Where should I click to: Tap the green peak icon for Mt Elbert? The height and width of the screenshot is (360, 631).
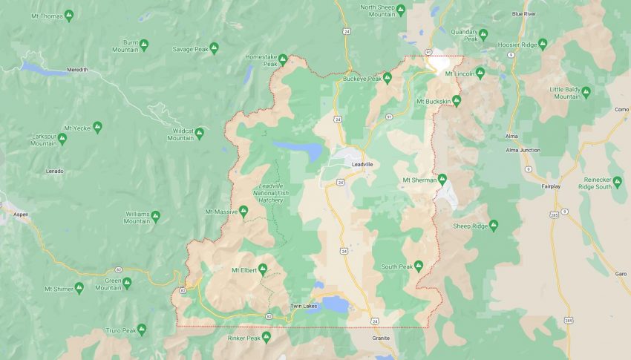263,269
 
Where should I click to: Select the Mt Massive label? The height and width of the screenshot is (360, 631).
221,212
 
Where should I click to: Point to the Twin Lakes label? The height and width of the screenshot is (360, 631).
304,306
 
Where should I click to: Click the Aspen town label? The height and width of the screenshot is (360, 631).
20,214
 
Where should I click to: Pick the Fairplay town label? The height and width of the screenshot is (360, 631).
551,186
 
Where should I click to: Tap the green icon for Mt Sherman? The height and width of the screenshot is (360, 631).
442,179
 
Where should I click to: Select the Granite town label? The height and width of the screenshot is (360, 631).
382,338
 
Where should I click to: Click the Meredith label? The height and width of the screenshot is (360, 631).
77,70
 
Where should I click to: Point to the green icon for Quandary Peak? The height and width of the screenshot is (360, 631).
483,34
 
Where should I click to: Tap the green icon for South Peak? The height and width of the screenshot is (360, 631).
419,266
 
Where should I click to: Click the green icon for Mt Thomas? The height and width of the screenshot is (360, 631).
69,15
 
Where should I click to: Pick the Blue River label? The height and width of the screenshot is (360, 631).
523,13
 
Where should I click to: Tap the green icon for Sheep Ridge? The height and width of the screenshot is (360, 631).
493,225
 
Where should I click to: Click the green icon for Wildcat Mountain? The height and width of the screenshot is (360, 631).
200,133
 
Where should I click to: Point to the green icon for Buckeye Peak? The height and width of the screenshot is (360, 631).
387,77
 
